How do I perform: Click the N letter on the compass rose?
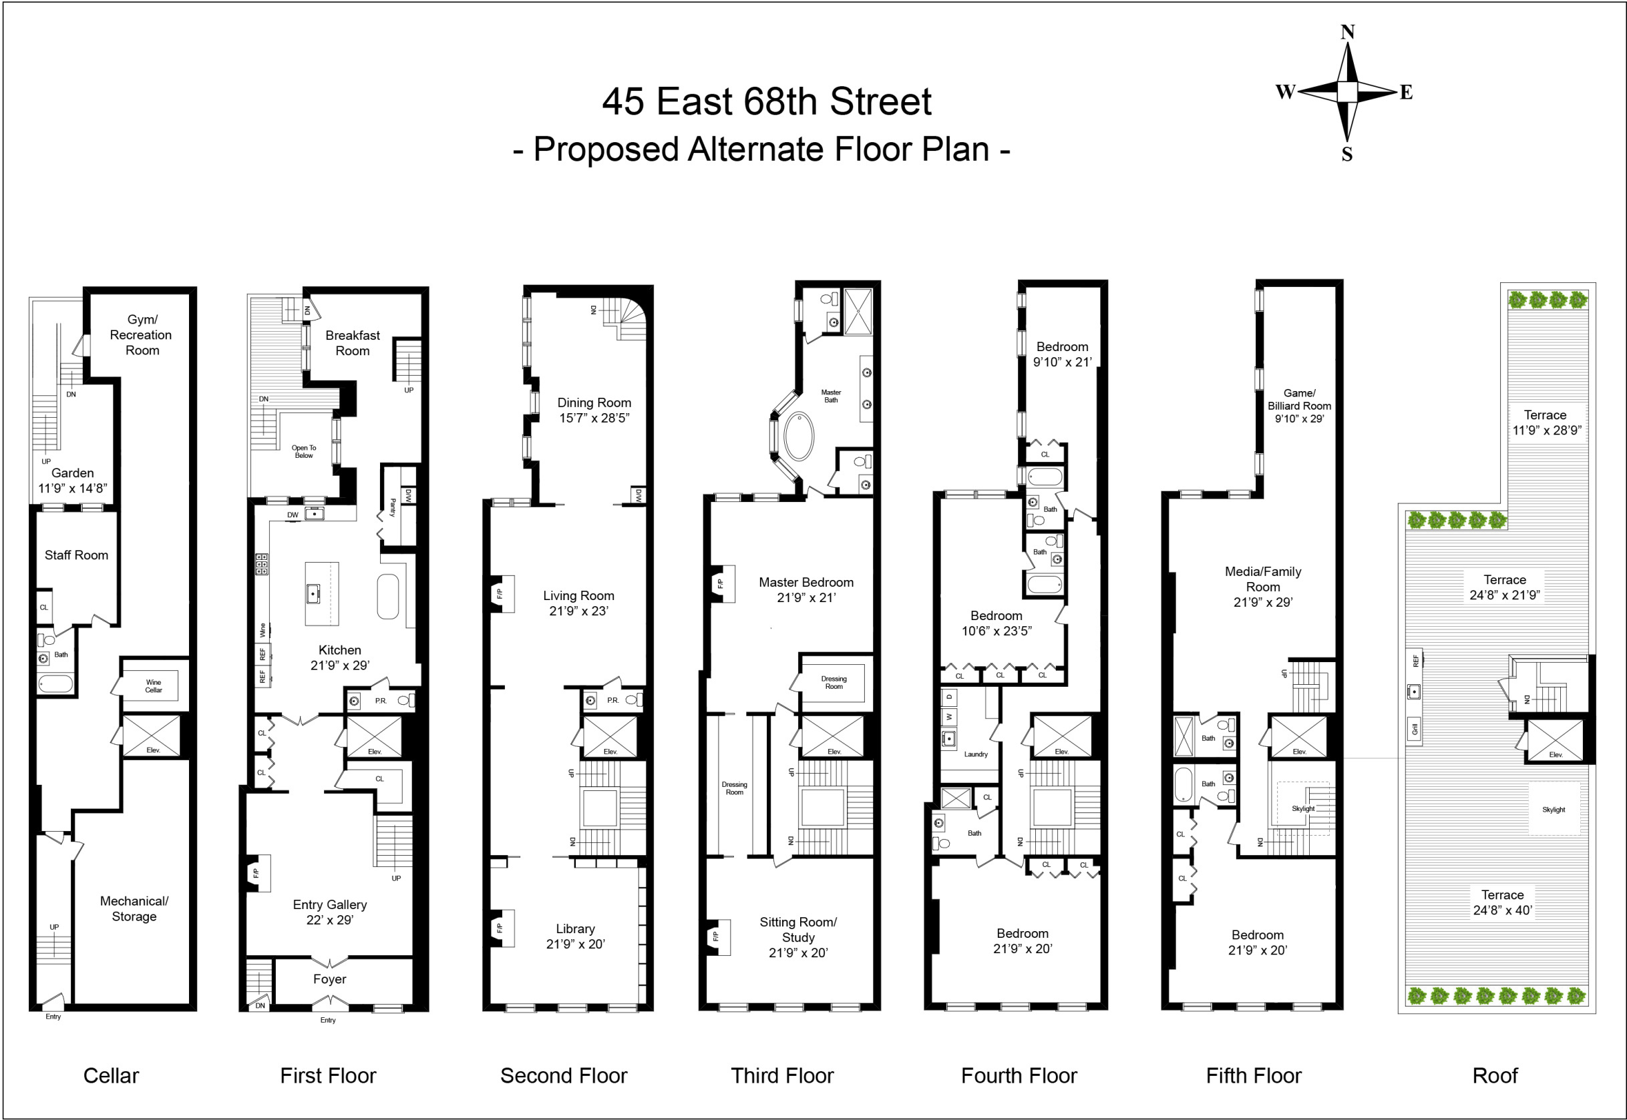pyautogui.click(x=1347, y=32)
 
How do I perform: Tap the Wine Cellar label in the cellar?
pyautogui.click(x=153, y=685)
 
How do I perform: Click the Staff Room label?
pyautogui.click(x=77, y=555)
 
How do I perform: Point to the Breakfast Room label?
pyautogui.click(x=353, y=343)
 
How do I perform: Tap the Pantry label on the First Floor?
pyautogui.click(x=393, y=507)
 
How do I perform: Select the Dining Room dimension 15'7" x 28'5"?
pyautogui.click(x=594, y=418)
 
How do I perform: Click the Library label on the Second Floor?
pyautogui.click(x=575, y=928)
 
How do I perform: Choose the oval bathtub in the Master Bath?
pyautogui.click(x=798, y=437)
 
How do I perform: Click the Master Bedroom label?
pyautogui.click(x=806, y=583)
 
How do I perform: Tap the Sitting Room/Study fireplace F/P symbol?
pyautogui.click(x=715, y=936)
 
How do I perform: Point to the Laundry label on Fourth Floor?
pyautogui.click(x=975, y=754)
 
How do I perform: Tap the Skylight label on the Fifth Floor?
pyautogui.click(x=1302, y=808)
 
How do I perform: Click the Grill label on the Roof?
pyautogui.click(x=1414, y=729)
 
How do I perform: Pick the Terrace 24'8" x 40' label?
pyautogui.click(x=1503, y=902)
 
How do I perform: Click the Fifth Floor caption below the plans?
pyautogui.click(x=1254, y=1076)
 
